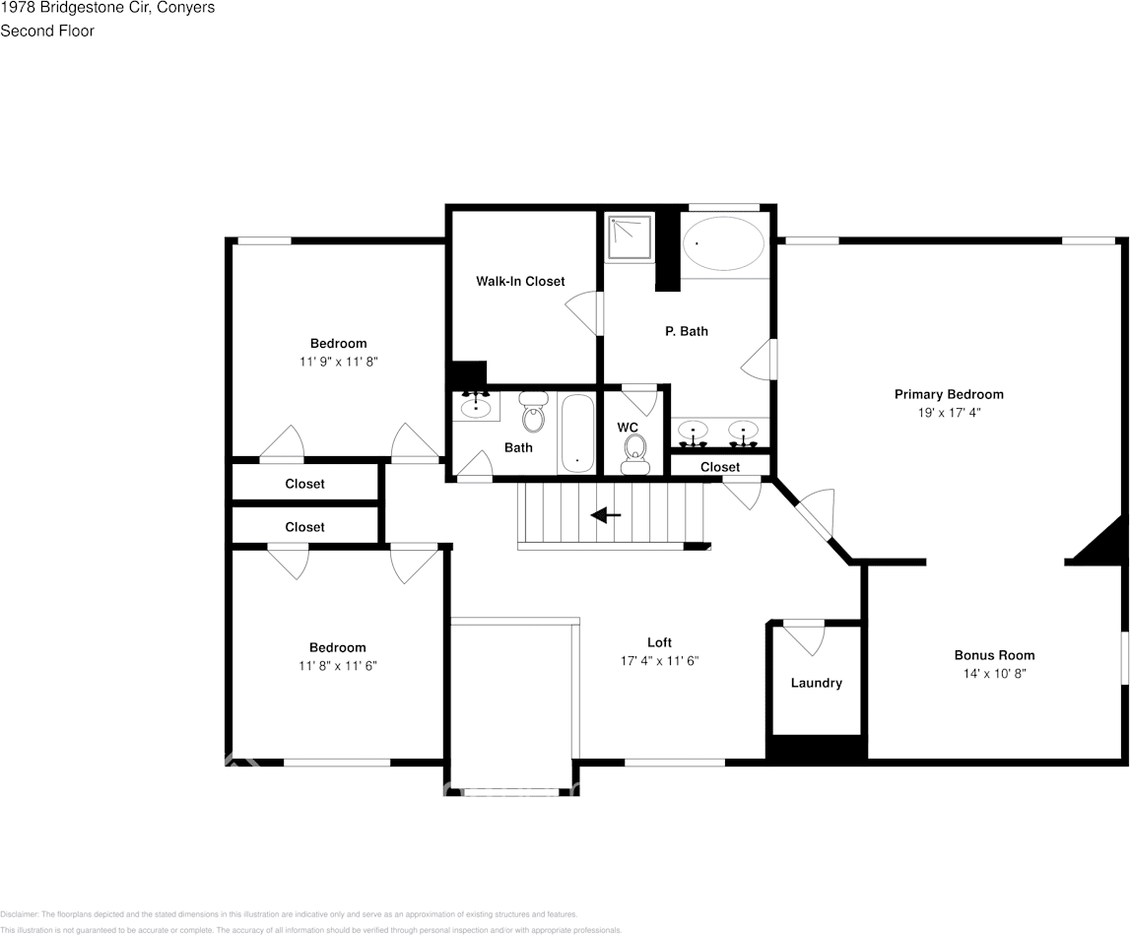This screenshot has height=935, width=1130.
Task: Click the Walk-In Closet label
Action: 520,281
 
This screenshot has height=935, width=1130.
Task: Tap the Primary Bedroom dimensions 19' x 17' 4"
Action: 949,413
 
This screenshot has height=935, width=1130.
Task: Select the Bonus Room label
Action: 994,655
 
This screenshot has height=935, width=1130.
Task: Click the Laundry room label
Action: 817,683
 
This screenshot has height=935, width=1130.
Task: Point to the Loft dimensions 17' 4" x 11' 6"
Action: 659,661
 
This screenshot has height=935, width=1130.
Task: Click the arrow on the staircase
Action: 605,515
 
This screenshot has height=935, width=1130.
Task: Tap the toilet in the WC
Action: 633,455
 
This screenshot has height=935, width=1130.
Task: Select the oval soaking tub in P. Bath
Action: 723,243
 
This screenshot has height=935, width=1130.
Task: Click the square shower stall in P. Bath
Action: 630,236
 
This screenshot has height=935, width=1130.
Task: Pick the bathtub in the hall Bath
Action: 576,434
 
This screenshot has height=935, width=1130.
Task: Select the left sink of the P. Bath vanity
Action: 694,434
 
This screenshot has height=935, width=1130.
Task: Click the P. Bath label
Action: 686,332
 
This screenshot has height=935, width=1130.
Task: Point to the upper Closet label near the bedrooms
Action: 304,484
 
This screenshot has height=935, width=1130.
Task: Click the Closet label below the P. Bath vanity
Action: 720,467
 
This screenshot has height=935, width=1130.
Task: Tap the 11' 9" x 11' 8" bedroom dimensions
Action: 339,362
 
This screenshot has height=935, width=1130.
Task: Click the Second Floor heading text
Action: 47,31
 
